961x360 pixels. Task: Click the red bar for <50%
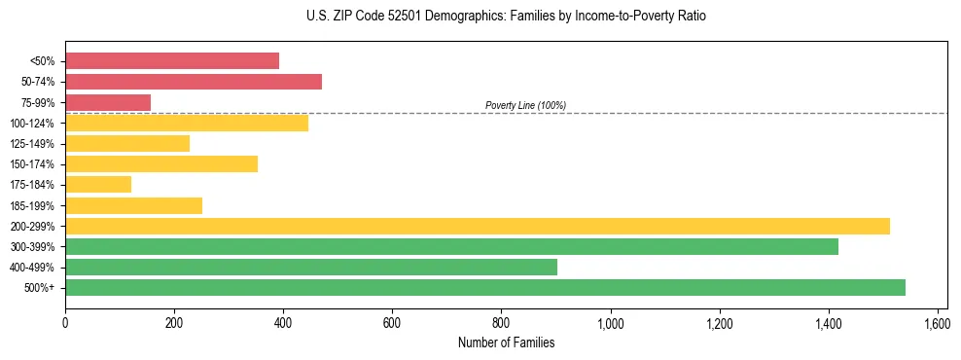(x=172, y=61)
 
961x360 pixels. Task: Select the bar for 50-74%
(x=194, y=82)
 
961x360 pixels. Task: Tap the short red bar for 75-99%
(x=108, y=102)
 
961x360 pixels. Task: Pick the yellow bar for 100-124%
(x=187, y=123)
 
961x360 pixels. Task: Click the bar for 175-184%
(x=98, y=185)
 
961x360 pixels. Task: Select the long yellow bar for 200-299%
(x=478, y=226)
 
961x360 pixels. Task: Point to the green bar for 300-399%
(x=451, y=247)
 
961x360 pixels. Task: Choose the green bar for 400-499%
(x=311, y=268)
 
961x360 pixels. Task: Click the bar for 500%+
(x=485, y=288)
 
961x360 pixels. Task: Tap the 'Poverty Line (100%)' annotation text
(x=525, y=105)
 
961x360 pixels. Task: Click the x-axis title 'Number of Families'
(x=506, y=342)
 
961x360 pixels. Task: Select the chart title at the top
(x=506, y=17)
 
